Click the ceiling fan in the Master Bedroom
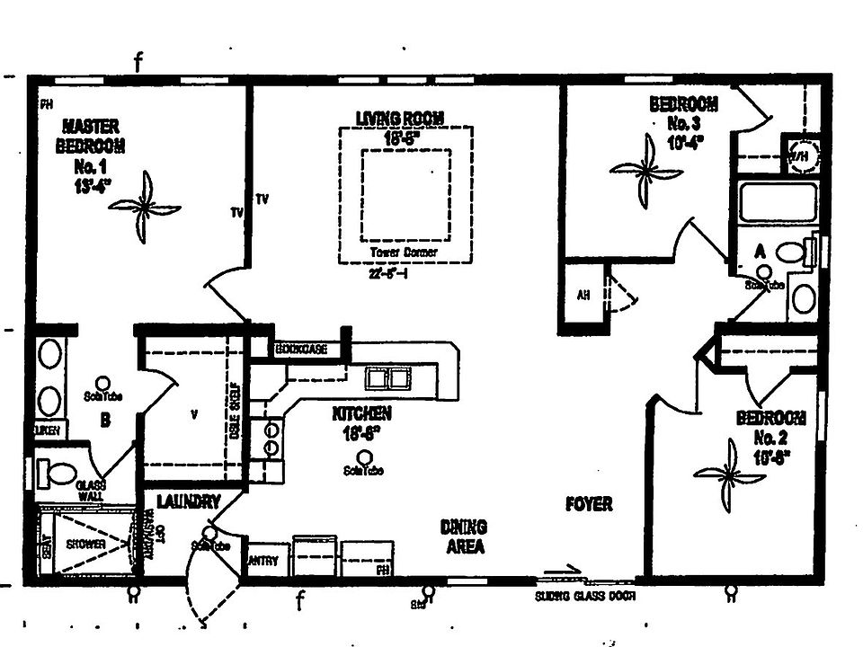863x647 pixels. coord(144,208)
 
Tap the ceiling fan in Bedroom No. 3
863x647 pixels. coord(646,169)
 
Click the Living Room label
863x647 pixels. coord(400,118)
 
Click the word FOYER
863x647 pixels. coord(589,504)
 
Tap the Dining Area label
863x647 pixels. coord(464,536)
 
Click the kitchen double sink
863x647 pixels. coord(389,378)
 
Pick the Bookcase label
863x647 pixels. coord(300,349)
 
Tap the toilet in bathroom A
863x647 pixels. coord(792,253)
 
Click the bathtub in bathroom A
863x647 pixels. coord(778,202)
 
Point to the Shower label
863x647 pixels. coord(85,545)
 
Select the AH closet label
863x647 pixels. coord(583,297)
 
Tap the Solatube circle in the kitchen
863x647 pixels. coord(362,456)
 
